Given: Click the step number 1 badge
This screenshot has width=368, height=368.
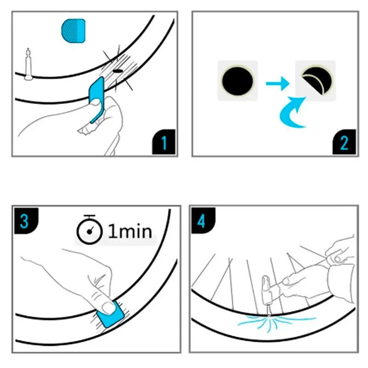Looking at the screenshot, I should click(164, 143).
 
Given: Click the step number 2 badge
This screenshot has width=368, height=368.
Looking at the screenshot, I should click(344, 143).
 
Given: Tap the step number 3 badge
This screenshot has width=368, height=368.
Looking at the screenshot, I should click(24, 220).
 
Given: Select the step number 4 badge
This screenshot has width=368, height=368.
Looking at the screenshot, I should click(201, 220).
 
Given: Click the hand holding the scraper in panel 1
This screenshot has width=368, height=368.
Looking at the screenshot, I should click(92, 124).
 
